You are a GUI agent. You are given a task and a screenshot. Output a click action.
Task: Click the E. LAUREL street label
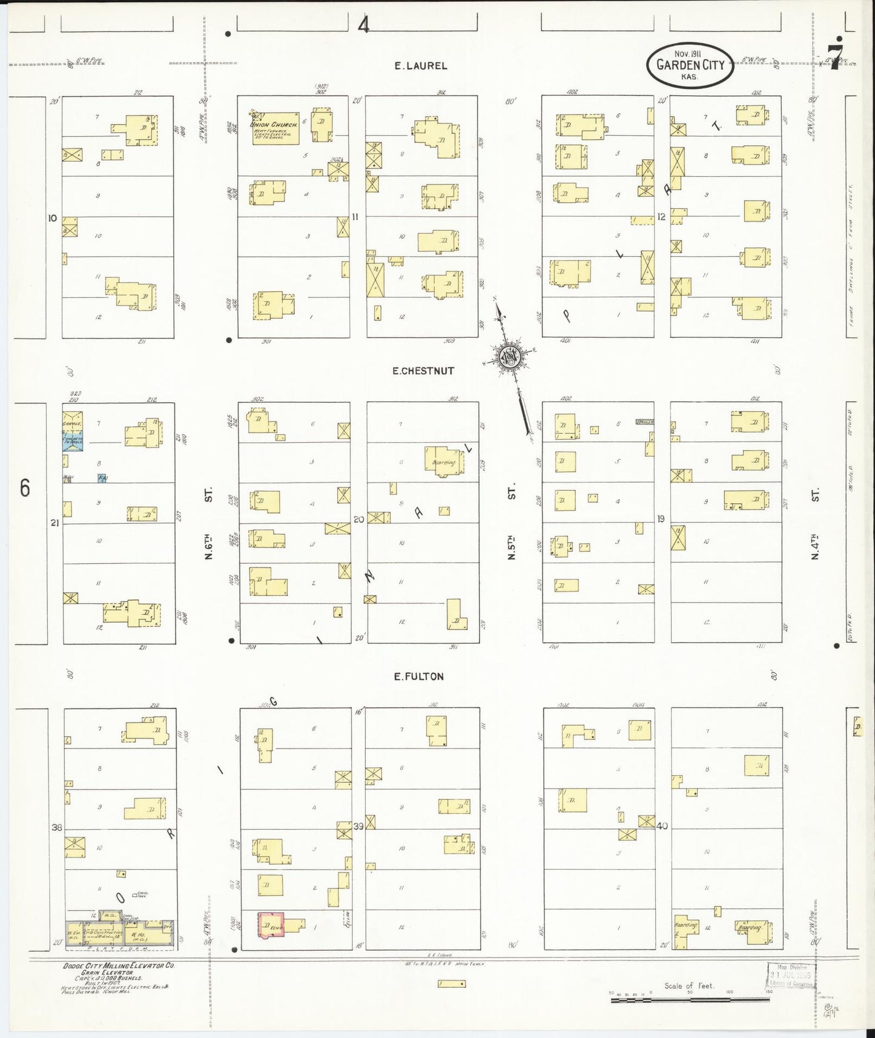tap(420, 66)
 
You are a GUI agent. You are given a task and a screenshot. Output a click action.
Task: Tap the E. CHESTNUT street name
tap(423, 371)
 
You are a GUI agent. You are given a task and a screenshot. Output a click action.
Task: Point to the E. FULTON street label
tap(419, 676)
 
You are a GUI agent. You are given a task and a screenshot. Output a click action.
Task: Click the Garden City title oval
tap(690, 65)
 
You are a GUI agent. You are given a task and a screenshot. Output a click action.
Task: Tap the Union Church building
tap(276, 128)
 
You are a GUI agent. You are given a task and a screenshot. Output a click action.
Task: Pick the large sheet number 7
tap(836, 56)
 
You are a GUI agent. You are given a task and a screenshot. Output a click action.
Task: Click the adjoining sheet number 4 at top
tap(363, 25)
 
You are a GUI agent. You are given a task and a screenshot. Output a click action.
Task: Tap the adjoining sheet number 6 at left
tap(25, 488)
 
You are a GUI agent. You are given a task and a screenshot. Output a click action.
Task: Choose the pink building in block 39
tap(271, 925)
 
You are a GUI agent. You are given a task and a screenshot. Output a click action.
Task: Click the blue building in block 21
tap(73, 441)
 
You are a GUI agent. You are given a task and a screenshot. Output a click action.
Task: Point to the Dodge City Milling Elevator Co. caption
tap(119, 966)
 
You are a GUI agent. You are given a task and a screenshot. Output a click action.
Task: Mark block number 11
tap(355, 217)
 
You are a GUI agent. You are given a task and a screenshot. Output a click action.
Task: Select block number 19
tap(661, 518)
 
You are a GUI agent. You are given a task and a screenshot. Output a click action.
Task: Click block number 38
tap(57, 827)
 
